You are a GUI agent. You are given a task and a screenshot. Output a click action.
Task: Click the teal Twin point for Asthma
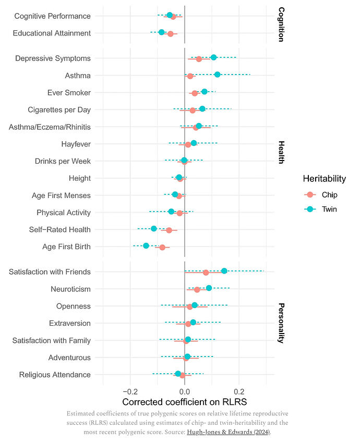pyautogui.click(x=217, y=75)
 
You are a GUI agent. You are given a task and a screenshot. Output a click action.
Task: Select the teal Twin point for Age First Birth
pyautogui.click(x=146, y=245)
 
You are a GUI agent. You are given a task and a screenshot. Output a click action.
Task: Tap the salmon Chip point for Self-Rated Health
pyautogui.click(x=169, y=230)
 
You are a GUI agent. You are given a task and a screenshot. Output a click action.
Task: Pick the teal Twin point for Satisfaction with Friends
pyautogui.click(x=224, y=270)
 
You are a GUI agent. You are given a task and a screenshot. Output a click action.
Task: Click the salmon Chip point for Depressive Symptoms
pyautogui.click(x=199, y=59)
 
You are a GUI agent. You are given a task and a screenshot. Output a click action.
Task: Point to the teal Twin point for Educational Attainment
pyautogui.click(x=161, y=32)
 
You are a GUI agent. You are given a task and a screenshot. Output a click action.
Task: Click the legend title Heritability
pyautogui.click(x=324, y=179)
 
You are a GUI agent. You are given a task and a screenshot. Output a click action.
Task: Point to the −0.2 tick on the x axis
pyautogui.click(x=130, y=391)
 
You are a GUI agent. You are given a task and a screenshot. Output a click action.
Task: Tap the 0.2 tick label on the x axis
pyautogui.click(x=239, y=391)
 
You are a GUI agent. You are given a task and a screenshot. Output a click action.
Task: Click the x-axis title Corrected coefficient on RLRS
pyautogui.click(x=184, y=402)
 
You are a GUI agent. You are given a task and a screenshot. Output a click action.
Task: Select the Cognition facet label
pyautogui.click(x=281, y=24)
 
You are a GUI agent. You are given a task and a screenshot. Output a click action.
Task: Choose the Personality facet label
pyautogui.click(x=281, y=323)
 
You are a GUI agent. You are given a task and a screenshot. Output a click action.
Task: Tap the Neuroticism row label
pyautogui.click(x=70, y=289)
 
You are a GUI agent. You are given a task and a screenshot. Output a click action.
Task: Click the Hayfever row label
pyautogui.click(x=76, y=144)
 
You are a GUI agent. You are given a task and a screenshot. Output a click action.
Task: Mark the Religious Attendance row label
pyautogui.click(x=55, y=375)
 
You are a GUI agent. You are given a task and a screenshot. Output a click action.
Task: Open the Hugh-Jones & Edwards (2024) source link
pyautogui.click(x=228, y=432)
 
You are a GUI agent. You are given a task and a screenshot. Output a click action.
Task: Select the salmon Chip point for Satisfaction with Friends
pyautogui.click(x=206, y=273)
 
